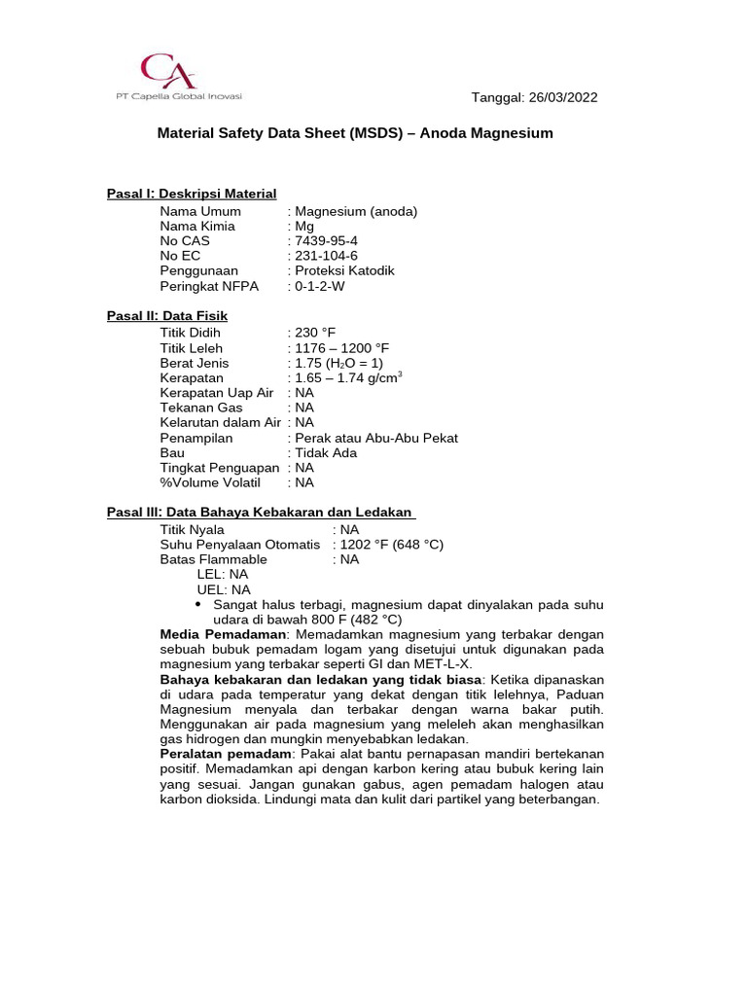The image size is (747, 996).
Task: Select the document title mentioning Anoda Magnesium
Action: (355, 133)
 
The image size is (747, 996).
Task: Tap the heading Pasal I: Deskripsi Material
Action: (192, 194)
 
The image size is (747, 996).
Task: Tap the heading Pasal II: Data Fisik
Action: (167, 316)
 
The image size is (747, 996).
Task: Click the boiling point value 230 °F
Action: (314, 333)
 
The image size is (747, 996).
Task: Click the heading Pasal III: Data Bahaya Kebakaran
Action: (261, 513)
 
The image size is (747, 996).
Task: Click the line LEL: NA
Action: (223, 574)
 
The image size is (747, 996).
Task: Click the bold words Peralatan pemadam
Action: (226, 754)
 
